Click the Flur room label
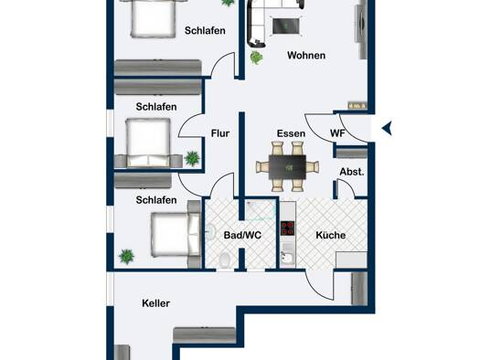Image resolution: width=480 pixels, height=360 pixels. coord(220,133)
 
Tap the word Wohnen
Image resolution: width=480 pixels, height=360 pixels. coord(306,56)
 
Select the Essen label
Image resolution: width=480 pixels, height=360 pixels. coord(291,133)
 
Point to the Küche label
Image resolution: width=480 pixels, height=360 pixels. coord(331,235)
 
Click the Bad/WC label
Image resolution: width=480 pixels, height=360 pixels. coord(242,235)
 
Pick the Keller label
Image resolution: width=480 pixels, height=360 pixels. coord(155,303)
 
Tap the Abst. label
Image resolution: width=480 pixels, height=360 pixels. coord(352,172)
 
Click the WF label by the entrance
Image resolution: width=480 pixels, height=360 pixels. coord(337,133)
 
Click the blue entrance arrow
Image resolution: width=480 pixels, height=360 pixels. coord(387,128)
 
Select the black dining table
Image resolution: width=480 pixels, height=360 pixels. coord(287,167)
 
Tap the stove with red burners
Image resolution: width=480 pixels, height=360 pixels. coord(287,228)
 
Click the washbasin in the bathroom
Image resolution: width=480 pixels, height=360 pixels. coord(210,232)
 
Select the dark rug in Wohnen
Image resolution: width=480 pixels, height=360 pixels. coord(285,26)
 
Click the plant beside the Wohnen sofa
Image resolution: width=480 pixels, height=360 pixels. coord(256,58)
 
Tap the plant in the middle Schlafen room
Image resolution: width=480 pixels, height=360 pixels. coord(192,158)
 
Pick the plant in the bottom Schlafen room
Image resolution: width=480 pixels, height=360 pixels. coord(126,257)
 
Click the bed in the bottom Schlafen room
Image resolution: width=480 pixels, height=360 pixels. coord(176,234)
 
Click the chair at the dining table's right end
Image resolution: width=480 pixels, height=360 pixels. coord(313,167)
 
